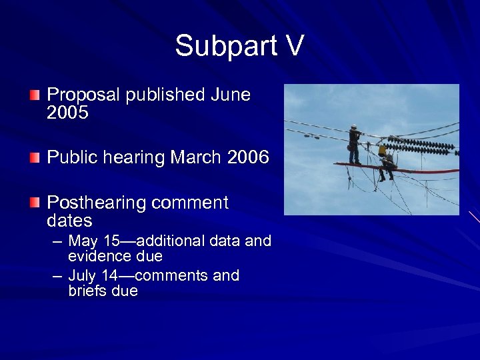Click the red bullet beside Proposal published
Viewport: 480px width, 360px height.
34,95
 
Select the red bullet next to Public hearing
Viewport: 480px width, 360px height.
34,158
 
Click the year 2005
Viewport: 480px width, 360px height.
67,113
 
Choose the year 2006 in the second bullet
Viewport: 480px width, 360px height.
248,158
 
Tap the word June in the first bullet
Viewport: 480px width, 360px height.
230,95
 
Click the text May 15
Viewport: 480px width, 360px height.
92,241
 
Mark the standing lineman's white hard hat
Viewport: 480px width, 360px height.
353,127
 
